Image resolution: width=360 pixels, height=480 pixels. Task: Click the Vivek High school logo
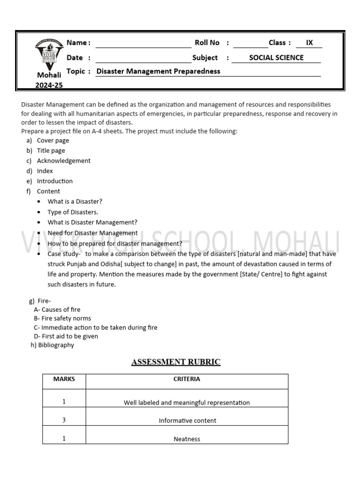coord(49,53)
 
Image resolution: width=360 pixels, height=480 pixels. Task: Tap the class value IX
coord(309,43)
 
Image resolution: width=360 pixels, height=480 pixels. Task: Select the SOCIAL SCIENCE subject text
coord(276,58)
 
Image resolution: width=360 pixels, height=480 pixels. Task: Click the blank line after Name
coord(143,44)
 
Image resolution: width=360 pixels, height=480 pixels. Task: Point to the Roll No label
coord(207,43)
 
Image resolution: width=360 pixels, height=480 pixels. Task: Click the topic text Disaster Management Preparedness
coord(158,71)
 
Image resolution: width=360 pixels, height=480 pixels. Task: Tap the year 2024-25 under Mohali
coord(49,85)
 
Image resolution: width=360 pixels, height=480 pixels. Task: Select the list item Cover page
coord(53,140)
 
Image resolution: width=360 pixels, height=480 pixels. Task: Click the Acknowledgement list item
coord(64,161)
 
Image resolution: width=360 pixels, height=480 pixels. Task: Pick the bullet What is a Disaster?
coord(75,202)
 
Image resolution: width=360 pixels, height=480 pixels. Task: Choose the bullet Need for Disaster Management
coord(92,233)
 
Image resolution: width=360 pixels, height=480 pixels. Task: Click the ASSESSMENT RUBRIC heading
coord(176,362)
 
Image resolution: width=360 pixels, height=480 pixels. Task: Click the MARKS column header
coord(64,379)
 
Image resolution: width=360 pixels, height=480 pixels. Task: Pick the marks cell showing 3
coord(64,420)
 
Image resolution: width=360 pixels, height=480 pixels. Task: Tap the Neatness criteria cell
coord(187,439)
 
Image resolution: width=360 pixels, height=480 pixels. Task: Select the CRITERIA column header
coord(187,379)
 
